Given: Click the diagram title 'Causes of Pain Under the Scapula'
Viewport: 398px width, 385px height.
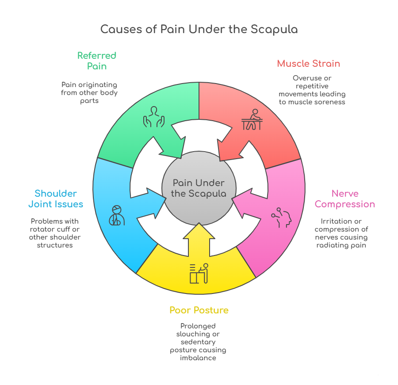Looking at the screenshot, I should (x=199, y=30).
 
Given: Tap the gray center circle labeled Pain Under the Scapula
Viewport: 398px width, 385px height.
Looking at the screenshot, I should (x=199, y=188).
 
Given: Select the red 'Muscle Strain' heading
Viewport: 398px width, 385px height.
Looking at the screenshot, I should (x=308, y=64).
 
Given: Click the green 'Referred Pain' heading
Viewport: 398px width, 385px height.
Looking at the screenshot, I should (x=96, y=61).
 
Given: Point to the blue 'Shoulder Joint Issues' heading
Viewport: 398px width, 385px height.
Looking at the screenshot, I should (x=56, y=198).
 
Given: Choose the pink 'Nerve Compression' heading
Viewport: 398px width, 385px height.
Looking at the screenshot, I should (x=344, y=198).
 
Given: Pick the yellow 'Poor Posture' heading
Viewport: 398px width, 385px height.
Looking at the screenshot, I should (x=199, y=310).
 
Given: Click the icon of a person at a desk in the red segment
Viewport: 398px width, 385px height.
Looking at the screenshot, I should (x=252, y=120).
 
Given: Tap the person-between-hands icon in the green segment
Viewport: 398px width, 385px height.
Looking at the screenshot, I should (x=153, y=117).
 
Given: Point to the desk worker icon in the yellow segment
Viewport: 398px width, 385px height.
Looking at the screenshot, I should (x=199, y=273).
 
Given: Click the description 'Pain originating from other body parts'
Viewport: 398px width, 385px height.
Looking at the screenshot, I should (x=89, y=92).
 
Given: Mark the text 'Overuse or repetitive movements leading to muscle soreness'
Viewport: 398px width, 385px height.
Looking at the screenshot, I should (x=312, y=90).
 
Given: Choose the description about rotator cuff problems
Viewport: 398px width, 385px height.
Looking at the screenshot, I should (x=55, y=233).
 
